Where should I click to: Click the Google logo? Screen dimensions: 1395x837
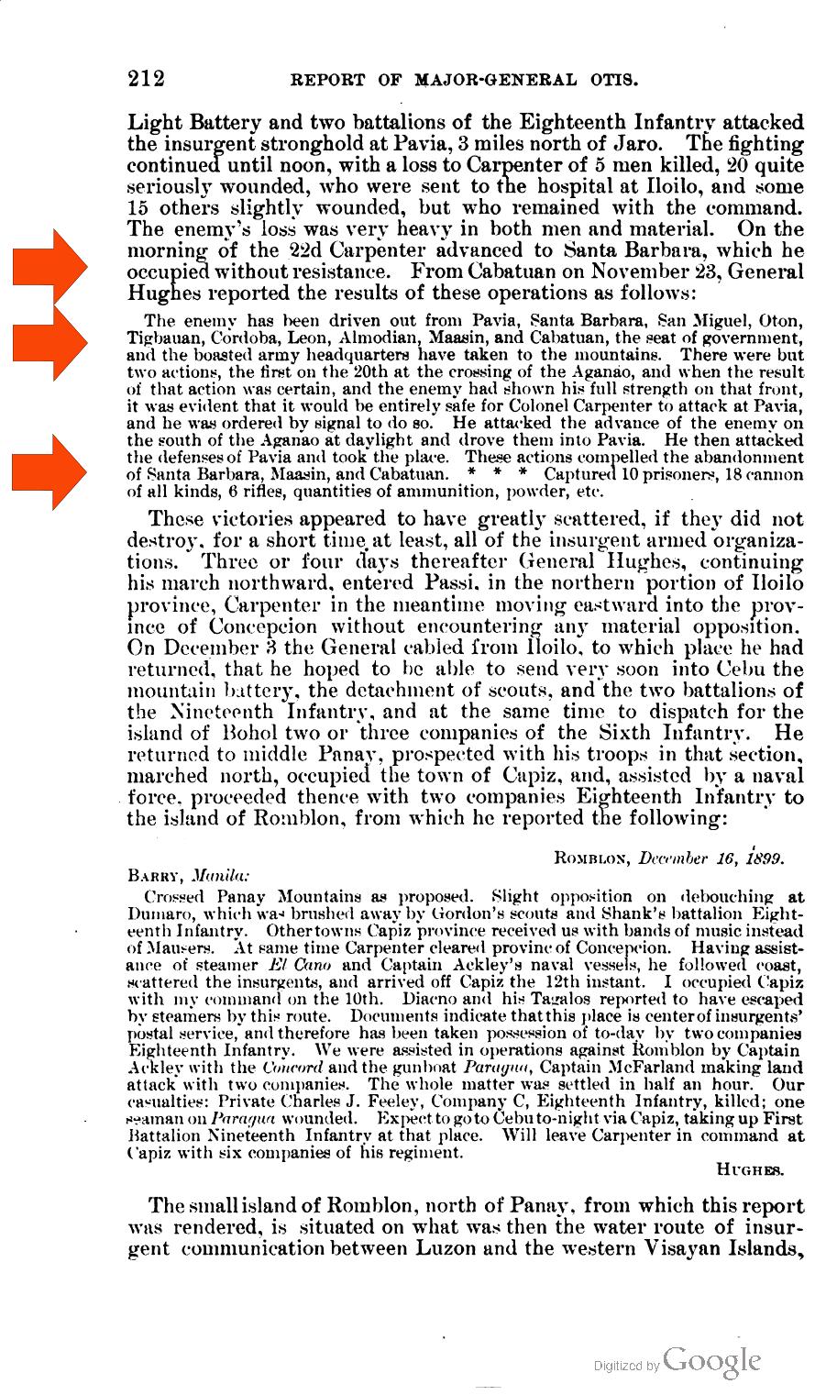[x=712, y=1359]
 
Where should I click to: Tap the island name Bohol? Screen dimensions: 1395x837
[x=250, y=733]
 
